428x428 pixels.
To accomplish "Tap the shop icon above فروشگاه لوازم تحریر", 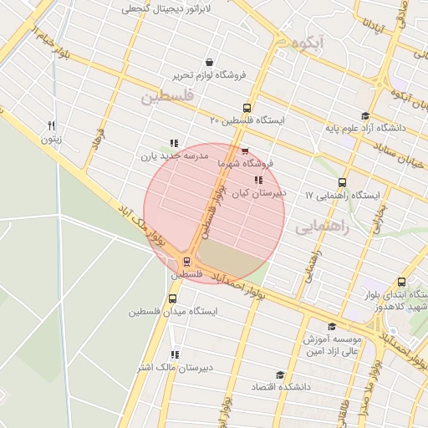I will [208, 62].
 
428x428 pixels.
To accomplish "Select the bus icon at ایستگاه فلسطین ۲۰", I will [246, 107].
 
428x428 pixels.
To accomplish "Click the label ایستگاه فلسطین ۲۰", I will [247, 120].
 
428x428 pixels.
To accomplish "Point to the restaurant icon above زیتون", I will [52, 125].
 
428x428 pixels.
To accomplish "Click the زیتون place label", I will [52, 139].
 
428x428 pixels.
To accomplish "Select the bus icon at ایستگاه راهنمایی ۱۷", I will [342, 182].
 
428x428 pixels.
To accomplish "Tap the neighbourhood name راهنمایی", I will [320, 227].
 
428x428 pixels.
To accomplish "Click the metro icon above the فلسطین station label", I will [186, 261].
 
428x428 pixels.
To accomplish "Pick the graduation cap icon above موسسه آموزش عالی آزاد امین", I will [332, 327].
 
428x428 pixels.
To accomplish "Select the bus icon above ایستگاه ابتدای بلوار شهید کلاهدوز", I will [402, 282].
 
